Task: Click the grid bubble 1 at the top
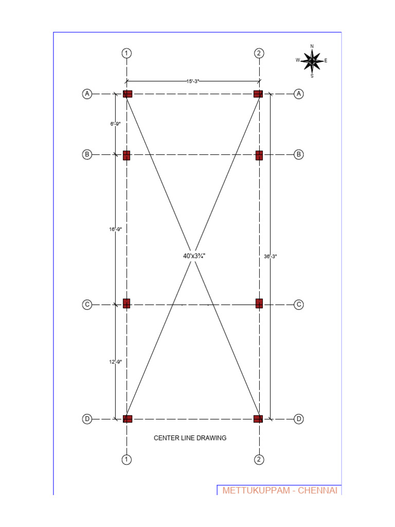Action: [x=127, y=53]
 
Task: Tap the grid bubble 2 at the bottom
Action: [x=259, y=460]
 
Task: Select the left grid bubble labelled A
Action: [x=87, y=94]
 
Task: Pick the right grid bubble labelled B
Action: [x=298, y=154]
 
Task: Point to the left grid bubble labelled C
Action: [x=87, y=305]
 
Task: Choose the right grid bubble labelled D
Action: [x=298, y=419]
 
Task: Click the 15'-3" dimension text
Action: [x=192, y=81]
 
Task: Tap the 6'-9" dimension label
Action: [x=115, y=124]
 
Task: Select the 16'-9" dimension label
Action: [x=115, y=230]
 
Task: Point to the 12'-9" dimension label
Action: [x=115, y=362]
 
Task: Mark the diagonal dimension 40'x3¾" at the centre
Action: [x=194, y=256]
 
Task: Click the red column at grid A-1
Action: [x=127, y=94]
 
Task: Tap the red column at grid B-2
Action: [x=259, y=155]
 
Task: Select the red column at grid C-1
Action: [x=127, y=304]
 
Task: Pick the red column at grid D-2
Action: [x=258, y=419]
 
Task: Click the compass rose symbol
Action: [x=312, y=61]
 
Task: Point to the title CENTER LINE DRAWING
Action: [x=190, y=438]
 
